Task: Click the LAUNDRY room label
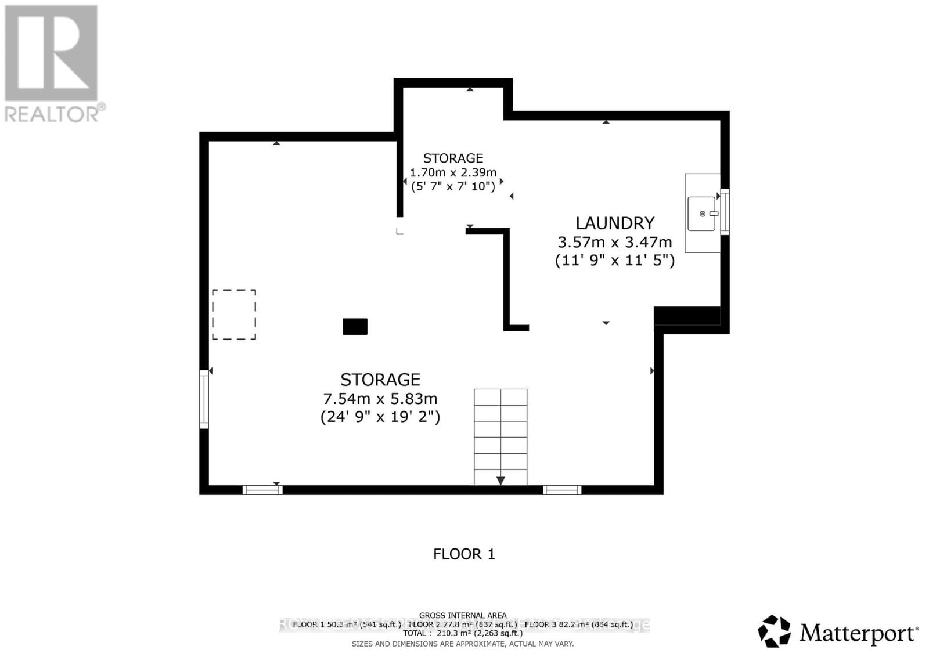click(615, 223)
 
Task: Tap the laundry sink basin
click(701, 214)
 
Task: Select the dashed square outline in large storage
click(234, 315)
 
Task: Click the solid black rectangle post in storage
click(355, 327)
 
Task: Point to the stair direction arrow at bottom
click(500, 481)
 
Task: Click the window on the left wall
click(204, 399)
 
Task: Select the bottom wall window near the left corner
click(262, 490)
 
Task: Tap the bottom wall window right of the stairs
click(562, 490)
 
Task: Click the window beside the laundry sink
click(725, 212)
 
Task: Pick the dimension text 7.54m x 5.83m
click(380, 399)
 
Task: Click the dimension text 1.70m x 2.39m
click(453, 172)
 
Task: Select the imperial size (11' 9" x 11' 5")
click(615, 260)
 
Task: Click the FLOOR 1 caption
click(464, 554)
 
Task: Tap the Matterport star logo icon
click(775, 631)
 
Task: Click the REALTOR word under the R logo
click(52, 114)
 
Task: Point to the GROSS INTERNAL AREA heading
click(463, 615)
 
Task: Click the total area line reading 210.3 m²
click(463, 633)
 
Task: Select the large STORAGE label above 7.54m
click(380, 380)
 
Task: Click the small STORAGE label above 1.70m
click(453, 158)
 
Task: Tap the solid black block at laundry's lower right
click(687, 316)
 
